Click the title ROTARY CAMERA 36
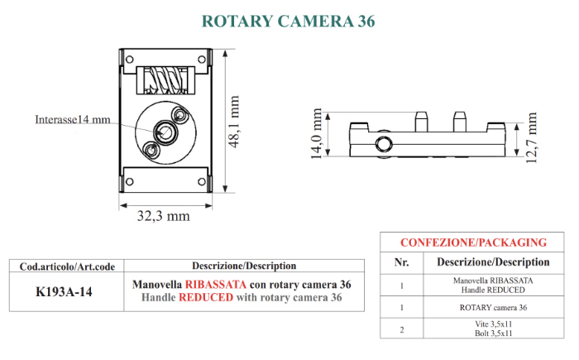(289, 21)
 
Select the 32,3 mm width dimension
(163, 216)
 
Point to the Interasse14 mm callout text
(73, 119)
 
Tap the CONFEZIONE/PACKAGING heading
(473, 242)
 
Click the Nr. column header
(401, 262)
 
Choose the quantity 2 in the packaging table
(401, 329)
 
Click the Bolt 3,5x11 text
(493, 334)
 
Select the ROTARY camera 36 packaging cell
(493, 307)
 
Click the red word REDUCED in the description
(208, 297)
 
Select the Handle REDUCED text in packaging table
(493, 289)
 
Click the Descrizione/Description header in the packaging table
(493, 262)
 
